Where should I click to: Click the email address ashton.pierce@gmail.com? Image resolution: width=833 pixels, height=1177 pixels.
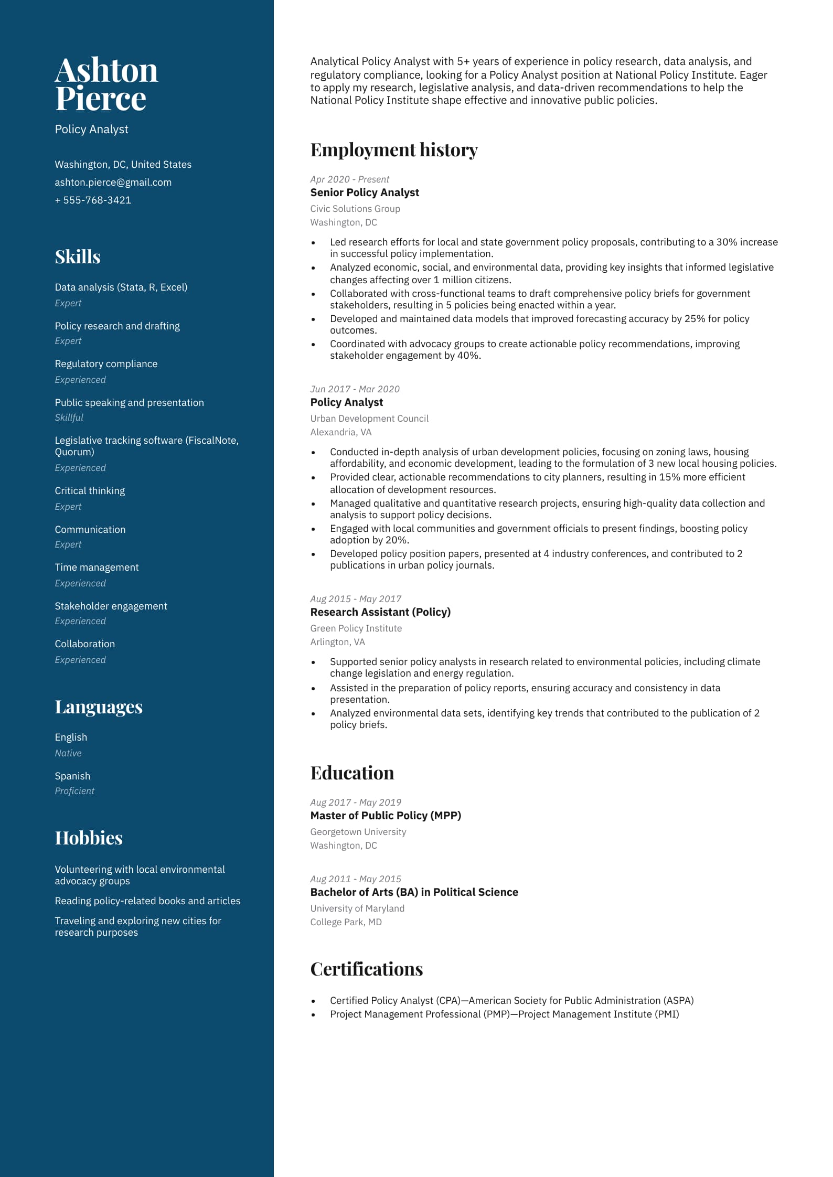click(113, 182)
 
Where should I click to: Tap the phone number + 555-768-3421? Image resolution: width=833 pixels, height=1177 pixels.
click(93, 200)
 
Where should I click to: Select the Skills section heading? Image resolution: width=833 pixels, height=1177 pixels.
click(78, 256)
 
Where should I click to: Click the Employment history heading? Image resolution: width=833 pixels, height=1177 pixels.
click(393, 150)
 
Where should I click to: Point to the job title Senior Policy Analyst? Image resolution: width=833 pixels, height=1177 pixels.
click(365, 192)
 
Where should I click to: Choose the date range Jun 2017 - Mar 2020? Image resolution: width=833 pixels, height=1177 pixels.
click(355, 389)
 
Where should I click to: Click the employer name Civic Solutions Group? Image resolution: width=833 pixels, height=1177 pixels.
click(355, 208)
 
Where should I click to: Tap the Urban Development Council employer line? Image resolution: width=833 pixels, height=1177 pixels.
click(369, 418)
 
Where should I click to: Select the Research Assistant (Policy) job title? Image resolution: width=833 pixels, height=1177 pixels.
click(380, 612)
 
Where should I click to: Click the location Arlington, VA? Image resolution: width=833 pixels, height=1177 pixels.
click(337, 641)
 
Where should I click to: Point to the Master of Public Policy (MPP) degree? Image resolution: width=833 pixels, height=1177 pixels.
click(386, 816)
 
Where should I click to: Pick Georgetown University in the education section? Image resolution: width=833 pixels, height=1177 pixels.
click(358, 831)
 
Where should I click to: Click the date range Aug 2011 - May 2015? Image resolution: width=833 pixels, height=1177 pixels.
click(356, 879)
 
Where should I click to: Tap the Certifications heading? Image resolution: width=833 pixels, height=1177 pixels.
click(366, 969)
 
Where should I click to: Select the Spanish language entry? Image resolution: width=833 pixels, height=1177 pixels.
click(72, 776)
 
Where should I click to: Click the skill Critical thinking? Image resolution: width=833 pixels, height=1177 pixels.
click(90, 490)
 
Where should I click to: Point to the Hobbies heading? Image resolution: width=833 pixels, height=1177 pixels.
click(89, 838)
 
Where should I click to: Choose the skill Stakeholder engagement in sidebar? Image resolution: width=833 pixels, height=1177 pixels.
click(111, 606)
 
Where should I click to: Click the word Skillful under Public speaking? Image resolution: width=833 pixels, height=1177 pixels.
click(69, 417)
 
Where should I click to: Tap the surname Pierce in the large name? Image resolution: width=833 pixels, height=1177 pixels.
click(101, 99)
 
